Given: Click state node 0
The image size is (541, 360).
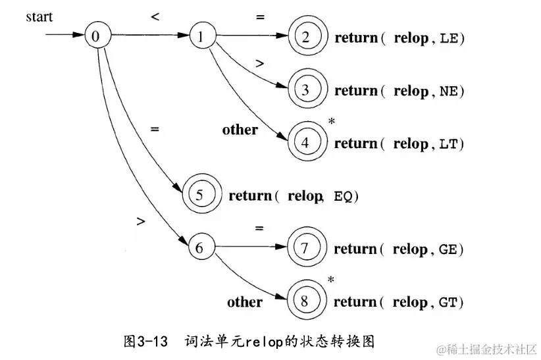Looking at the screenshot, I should tap(95, 36).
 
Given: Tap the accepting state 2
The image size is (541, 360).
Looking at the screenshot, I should tap(305, 37).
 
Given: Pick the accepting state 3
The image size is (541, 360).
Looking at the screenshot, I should tap(305, 90).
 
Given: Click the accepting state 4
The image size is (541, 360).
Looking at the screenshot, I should tap(305, 142).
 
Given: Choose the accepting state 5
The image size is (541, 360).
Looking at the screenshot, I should tap(200, 195).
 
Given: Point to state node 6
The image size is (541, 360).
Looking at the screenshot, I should tap(200, 248).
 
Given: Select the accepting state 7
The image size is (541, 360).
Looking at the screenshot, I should tap(305, 248).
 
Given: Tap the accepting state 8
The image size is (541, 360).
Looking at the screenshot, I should tap(305, 301).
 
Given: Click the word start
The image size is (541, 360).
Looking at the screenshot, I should tap(39, 16).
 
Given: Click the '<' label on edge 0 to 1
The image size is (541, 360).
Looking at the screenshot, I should tap(155, 17).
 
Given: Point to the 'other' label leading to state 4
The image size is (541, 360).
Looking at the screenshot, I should tap(240, 130).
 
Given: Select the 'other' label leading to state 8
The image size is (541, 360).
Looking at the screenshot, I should tap(245, 302).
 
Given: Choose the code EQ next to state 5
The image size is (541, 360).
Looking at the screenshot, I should tap(343, 196).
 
